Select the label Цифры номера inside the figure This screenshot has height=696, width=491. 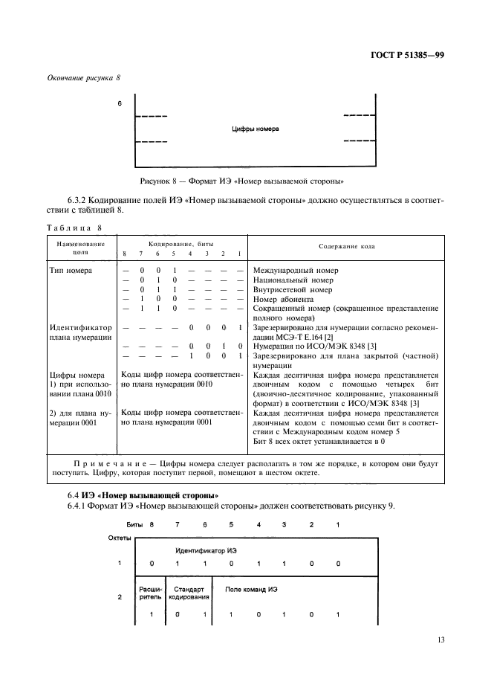pyautogui.click(x=256, y=129)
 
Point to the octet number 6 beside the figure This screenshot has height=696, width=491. pyautogui.click(x=120, y=103)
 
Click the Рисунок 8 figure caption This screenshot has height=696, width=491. pyautogui.click(x=245, y=181)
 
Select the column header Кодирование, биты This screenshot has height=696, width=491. pyautogui.click(x=183, y=243)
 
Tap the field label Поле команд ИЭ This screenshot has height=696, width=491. pyautogui.click(x=252, y=589)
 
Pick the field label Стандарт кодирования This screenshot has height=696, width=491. pyautogui.click(x=189, y=593)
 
